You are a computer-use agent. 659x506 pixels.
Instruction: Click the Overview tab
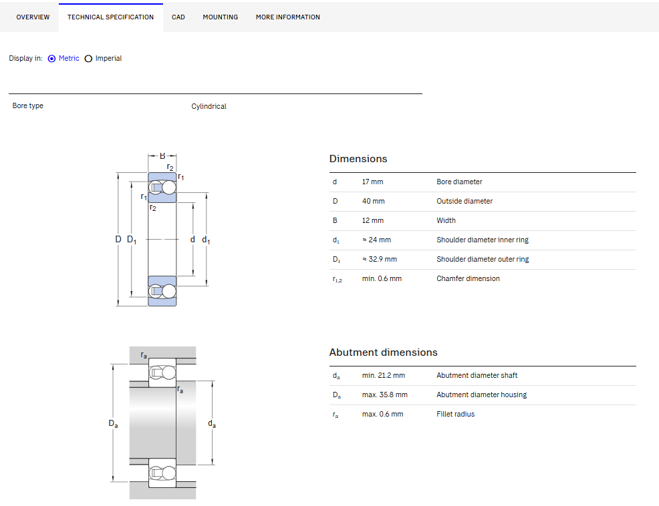(33, 17)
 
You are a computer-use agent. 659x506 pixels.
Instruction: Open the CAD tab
(178, 17)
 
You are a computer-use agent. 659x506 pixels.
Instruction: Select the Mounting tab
(221, 17)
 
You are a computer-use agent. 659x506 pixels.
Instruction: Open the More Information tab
(288, 17)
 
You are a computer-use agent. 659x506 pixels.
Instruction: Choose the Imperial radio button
(88, 59)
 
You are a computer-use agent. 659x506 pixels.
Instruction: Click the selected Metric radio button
(51, 59)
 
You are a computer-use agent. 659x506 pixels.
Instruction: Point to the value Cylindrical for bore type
(209, 107)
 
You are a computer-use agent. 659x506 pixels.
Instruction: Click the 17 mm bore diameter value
(373, 182)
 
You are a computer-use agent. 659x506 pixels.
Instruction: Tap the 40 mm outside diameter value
(373, 201)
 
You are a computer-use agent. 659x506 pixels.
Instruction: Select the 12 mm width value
(373, 220)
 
